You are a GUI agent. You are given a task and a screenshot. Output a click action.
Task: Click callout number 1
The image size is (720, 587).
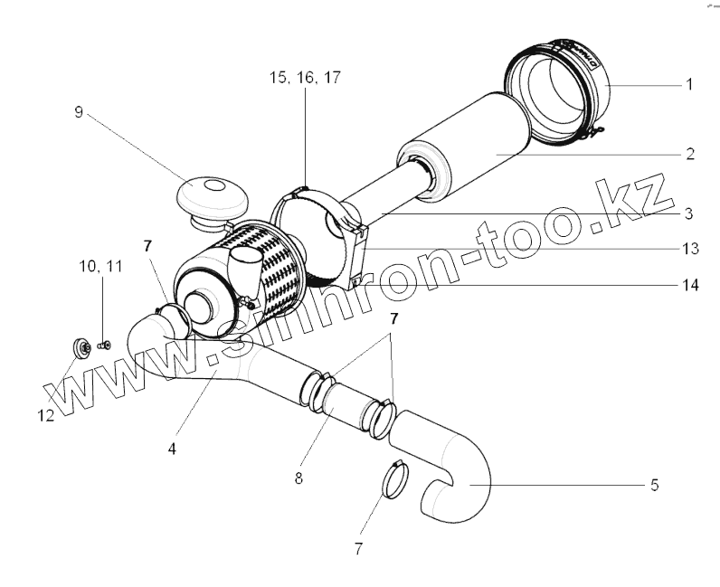[x=689, y=85]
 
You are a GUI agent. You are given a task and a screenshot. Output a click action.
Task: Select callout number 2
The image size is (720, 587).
[x=689, y=155]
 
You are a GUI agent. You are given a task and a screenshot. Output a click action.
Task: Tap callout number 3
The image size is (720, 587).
[x=689, y=214]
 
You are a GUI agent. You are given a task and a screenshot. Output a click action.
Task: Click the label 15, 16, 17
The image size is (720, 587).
[x=304, y=79]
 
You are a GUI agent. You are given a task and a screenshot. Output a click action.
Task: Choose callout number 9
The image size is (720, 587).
[x=79, y=112]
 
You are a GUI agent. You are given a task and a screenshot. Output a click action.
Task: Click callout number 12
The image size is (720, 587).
[x=44, y=415]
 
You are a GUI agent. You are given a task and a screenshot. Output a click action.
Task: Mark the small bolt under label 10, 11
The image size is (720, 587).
[x=104, y=345]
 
